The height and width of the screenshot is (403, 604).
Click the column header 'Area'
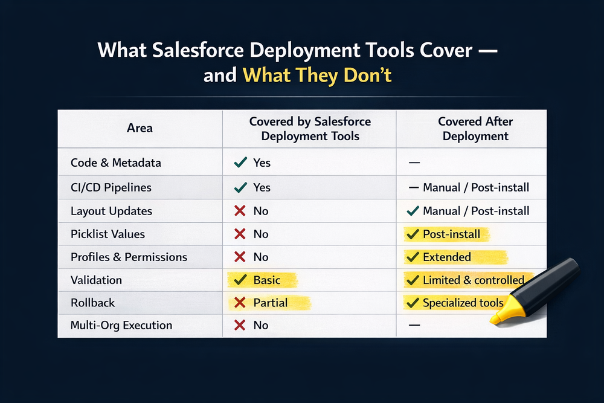click(x=140, y=128)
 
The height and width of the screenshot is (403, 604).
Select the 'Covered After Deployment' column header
click(x=476, y=129)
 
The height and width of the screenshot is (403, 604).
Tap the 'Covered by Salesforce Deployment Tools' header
click(x=310, y=129)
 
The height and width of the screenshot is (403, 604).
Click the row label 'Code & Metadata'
click(x=116, y=163)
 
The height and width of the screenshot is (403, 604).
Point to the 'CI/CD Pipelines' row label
click(x=111, y=187)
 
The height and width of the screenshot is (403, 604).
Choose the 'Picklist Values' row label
click(x=108, y=234)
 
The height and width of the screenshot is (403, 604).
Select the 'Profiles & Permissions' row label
click(x=129, y=257)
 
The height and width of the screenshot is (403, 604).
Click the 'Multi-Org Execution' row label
click(x=121, y=325)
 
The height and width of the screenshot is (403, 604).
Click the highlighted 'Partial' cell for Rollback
click(x=271, y=302)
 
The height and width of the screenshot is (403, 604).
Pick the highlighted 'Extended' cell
click(x=447, y=257)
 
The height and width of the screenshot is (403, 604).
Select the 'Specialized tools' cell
click(x=463, y=303)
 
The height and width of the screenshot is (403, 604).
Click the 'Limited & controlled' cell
click(x=473, y=280)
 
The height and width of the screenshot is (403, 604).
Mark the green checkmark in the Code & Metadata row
click(x=240, y=162)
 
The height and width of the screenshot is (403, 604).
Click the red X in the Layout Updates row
click(x=240, y=211)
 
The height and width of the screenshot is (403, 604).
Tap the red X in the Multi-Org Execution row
click(x=240, y=325)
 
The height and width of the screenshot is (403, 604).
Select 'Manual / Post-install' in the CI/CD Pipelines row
click(x=476, y=187)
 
